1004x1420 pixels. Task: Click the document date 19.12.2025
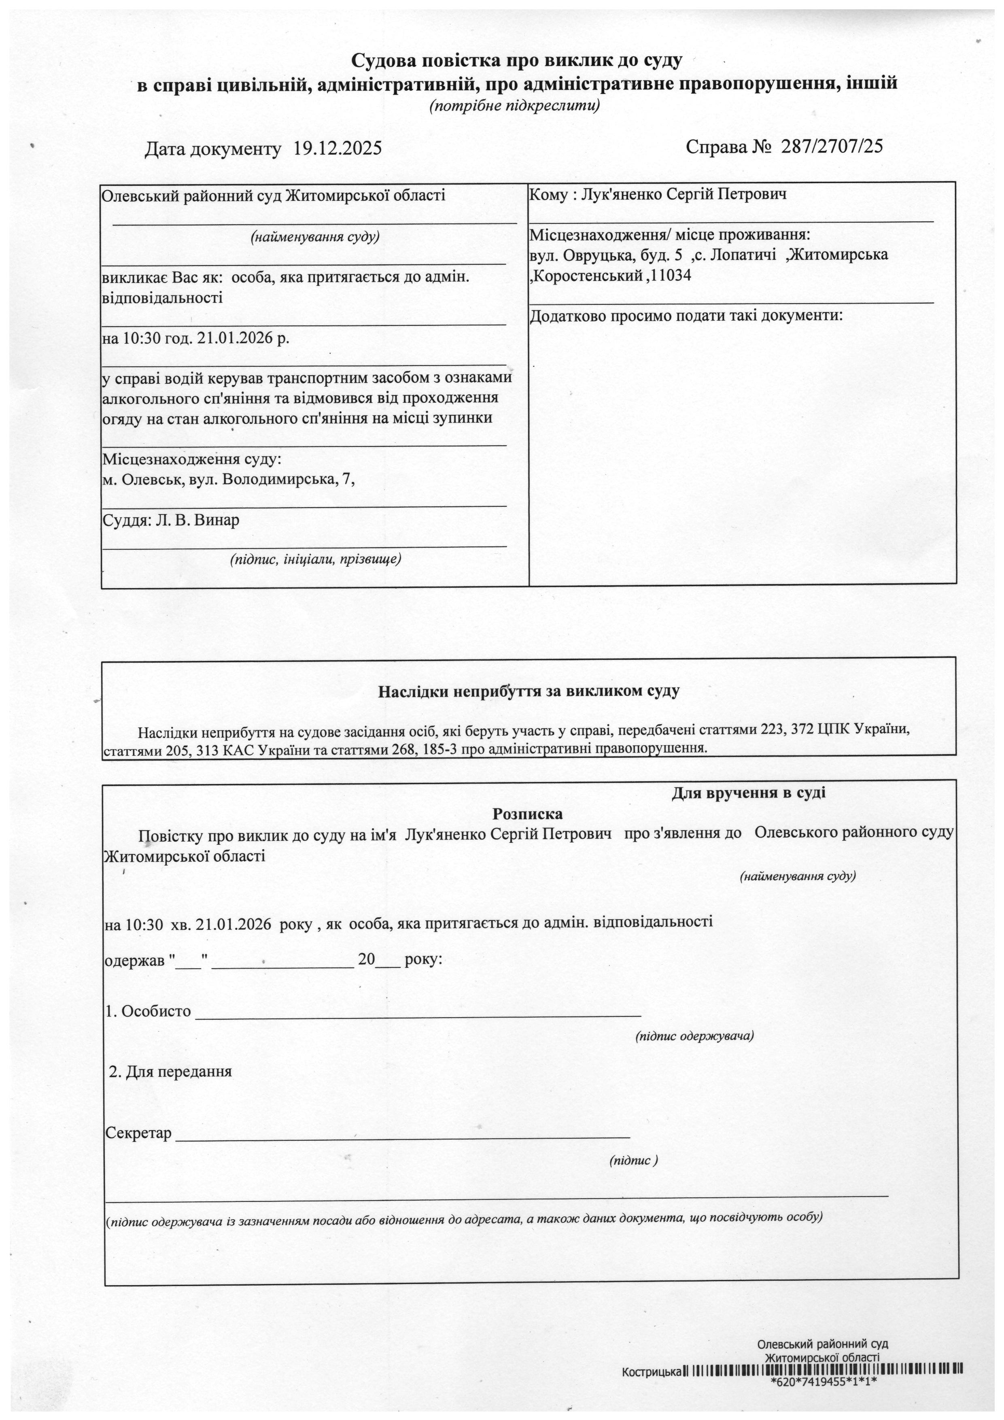click(337, 149)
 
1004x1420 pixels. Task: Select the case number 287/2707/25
click(832, 146)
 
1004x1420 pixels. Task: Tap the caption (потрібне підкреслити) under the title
click(514, 106)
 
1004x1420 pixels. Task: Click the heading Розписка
click(527, 814)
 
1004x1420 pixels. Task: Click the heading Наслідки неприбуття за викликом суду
click(529, 691)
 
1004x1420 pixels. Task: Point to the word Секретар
click(138, 1134)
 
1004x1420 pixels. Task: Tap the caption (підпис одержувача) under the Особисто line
click(694, 1036)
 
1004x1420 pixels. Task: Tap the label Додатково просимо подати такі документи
click(686, 316)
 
